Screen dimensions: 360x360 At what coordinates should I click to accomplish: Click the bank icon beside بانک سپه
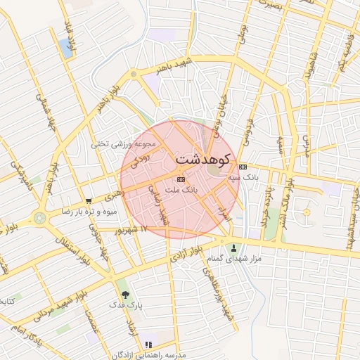coord(243,167)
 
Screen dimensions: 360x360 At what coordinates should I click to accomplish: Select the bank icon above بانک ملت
coord(181,179)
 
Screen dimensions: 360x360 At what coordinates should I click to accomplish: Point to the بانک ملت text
coord(181,191)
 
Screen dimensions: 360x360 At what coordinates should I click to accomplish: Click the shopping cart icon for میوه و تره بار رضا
coord(88,200)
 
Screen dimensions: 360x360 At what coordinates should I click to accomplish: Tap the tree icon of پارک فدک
coord(124,294)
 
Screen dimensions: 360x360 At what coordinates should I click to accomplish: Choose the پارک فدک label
coord(124,306)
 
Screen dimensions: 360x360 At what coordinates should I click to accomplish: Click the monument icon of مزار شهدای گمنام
coord(233,247)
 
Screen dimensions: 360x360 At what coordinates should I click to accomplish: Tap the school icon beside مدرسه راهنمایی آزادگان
coord(148,345)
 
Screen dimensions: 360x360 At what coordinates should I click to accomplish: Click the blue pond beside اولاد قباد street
coord(67,48)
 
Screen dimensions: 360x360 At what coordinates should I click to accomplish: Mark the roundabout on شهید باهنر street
coord(134,74)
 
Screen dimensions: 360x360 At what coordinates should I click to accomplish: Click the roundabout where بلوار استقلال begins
coord(40,218)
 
